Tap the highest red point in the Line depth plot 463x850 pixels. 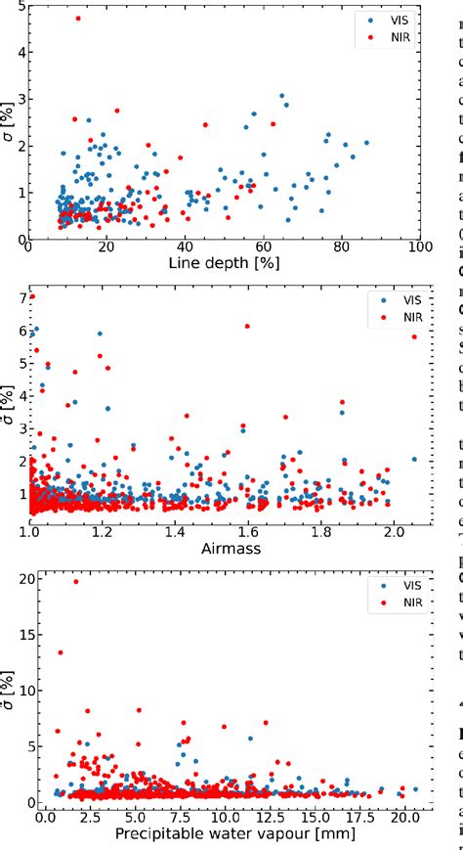78,19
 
